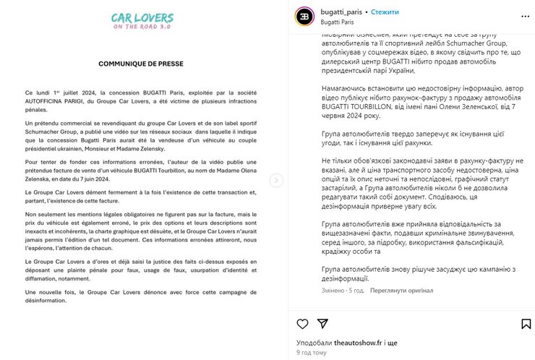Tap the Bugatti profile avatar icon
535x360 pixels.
tap(306, 17)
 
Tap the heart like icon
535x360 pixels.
tap(302, 325)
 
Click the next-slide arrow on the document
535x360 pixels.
tap(277, 181)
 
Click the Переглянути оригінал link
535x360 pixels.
tap(402, 291)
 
